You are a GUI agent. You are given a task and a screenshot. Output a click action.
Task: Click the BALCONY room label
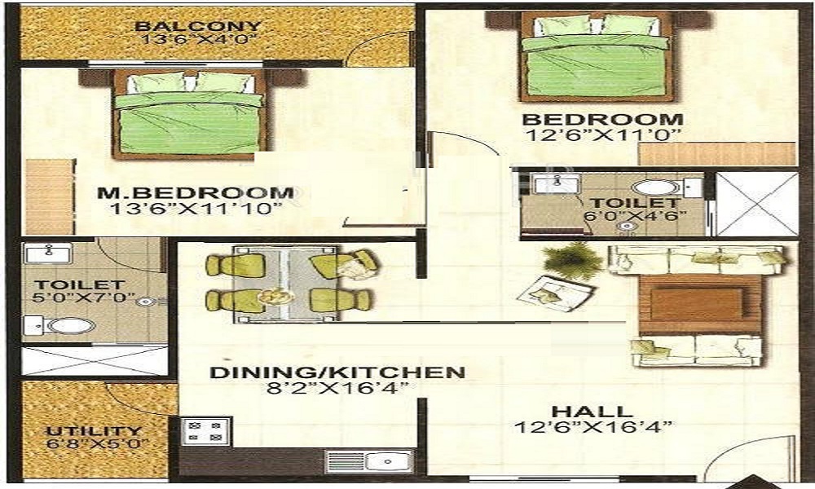point(200,26)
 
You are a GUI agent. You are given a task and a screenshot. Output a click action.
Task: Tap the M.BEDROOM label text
point(195,193)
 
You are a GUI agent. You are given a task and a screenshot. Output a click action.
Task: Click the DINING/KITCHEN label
point(337,372)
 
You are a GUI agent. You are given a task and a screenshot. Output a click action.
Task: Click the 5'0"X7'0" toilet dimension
point(78,299)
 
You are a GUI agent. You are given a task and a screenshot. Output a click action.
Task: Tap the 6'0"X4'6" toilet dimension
point(635,216)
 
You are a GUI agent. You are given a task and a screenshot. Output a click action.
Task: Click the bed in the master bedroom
point(189,118)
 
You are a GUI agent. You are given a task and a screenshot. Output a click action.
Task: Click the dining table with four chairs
point(291,283)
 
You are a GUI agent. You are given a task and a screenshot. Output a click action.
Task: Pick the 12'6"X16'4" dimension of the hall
point(593,427)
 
